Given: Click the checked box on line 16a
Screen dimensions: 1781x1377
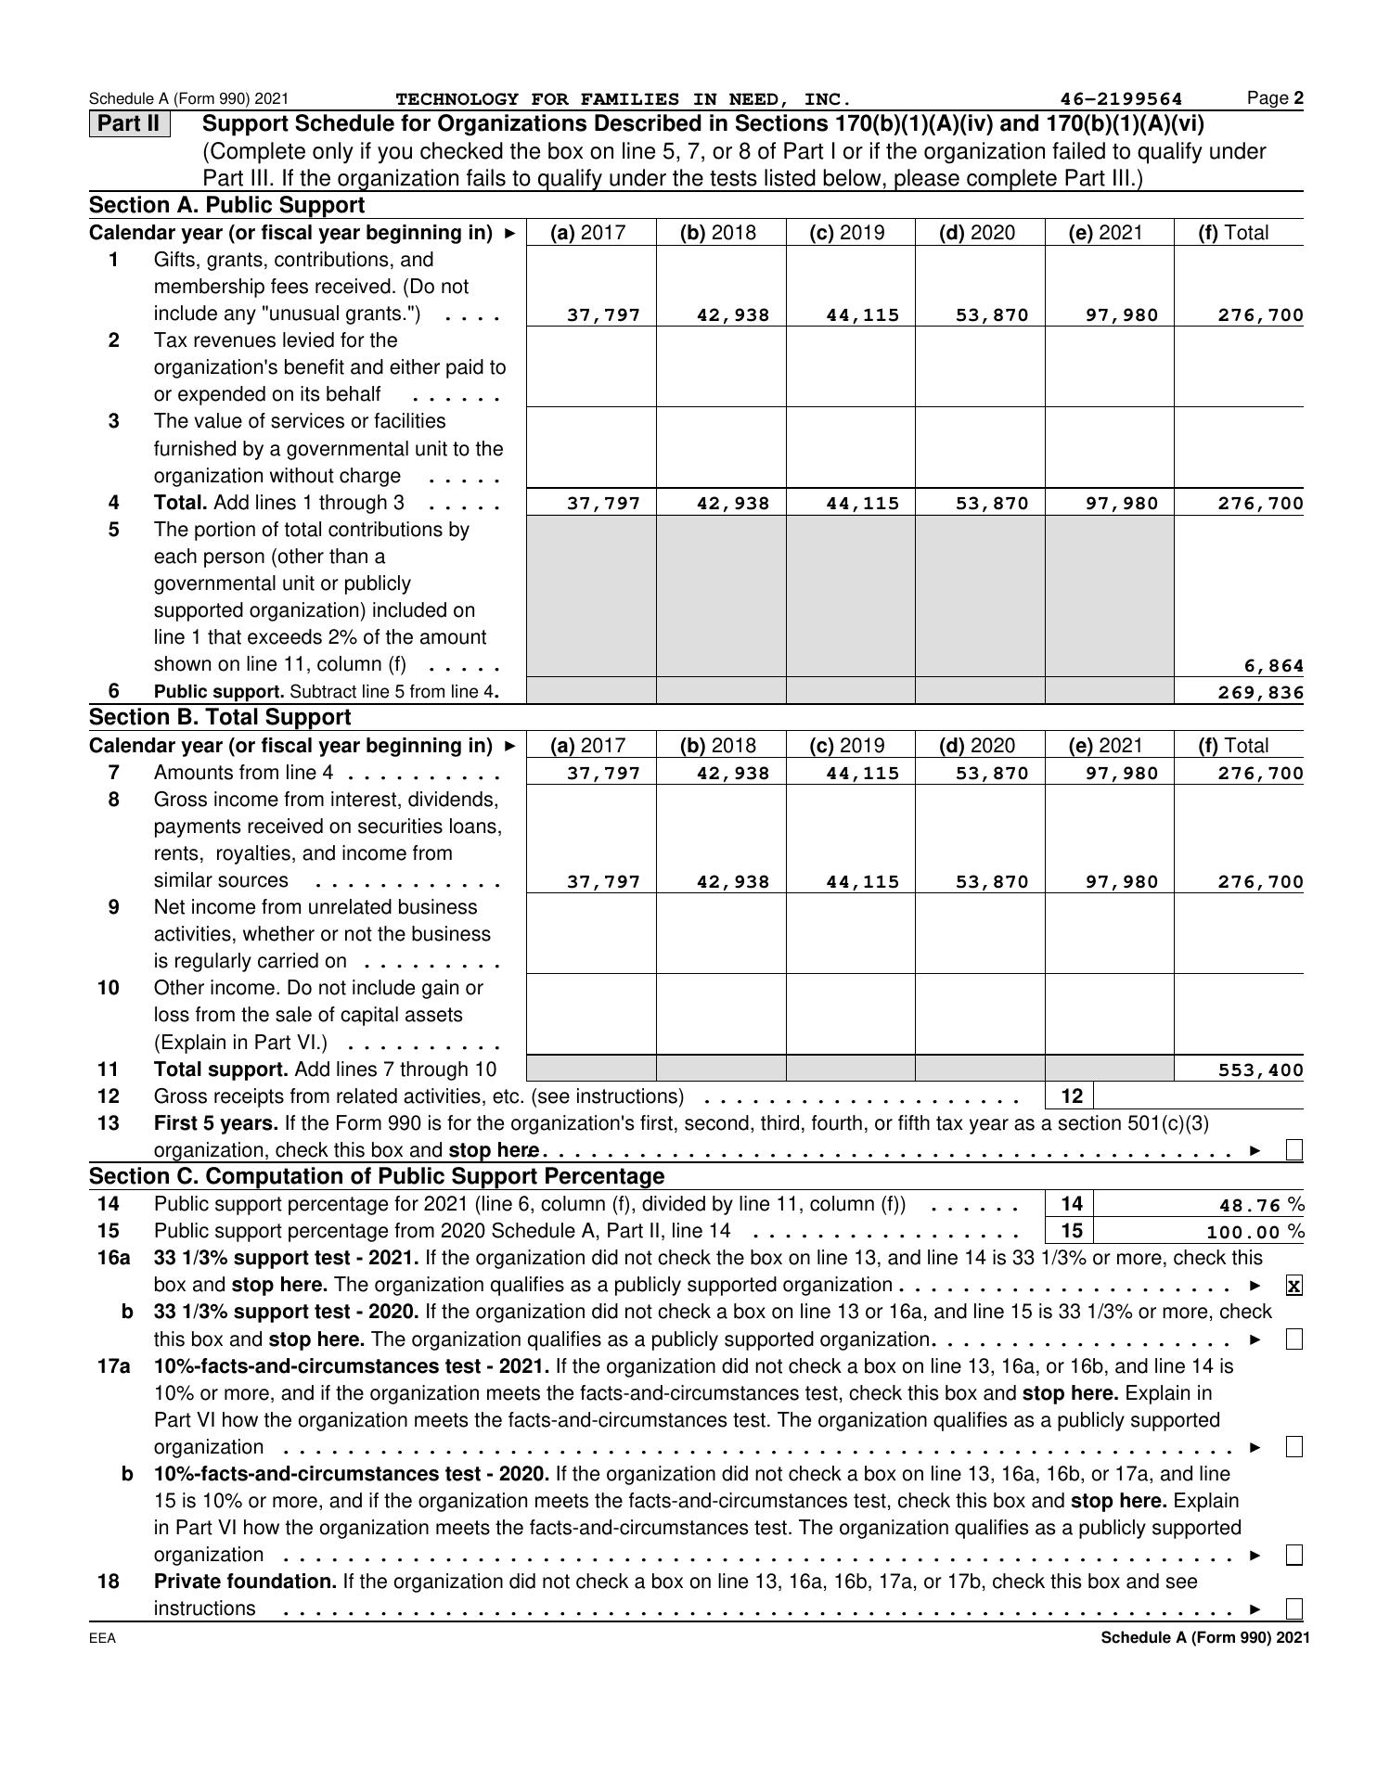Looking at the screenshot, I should (x=1294, y=1286).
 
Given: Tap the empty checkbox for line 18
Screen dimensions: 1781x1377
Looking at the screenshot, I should (x=1294, y=1608).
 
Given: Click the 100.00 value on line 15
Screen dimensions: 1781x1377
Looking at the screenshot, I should (x=1244, y=1232).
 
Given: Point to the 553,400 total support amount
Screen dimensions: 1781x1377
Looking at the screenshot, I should (x=1261, y=1070).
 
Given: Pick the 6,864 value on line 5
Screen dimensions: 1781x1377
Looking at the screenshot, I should (x=1273, y=666).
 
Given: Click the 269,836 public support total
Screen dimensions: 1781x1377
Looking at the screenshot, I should (x=1261, y=693).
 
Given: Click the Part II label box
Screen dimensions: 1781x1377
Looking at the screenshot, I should (x=129, y=123).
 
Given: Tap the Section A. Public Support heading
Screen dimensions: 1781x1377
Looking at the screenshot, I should (x=227, y=205).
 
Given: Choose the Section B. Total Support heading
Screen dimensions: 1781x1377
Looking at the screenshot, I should (x=220, y=717).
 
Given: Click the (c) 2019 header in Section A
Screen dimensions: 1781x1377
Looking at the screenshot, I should (x=847, y=233).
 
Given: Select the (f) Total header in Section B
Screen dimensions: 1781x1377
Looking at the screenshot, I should (x=1233, y=746).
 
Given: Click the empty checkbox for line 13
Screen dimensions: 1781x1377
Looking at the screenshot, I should (x=1294, y=1150).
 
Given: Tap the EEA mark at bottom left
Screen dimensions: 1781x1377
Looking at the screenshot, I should (x=103, y=1638).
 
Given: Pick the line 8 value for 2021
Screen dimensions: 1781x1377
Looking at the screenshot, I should (x=1123, y=882).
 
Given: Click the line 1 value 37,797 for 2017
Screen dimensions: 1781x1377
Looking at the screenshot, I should (x=603, y=315).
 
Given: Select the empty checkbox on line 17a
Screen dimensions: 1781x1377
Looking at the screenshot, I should (x=1294, y=1447).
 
